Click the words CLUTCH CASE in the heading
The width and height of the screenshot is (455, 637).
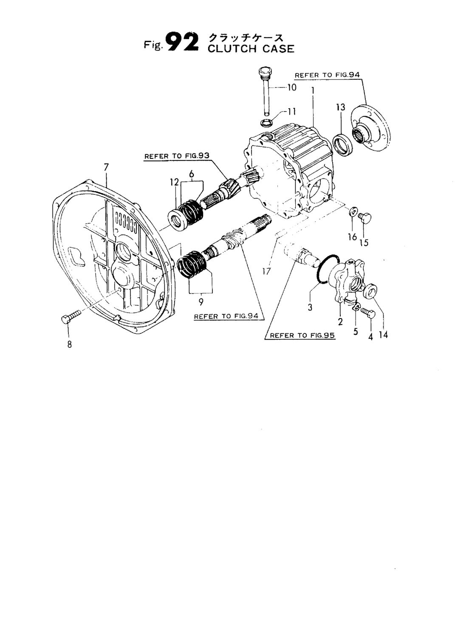pyautogui.click(x=251, y=48)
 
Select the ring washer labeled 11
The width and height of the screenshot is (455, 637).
pyautogui.click(x=266, y=123)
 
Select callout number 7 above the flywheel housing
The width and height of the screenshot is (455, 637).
pyautogui.click(x=106, y=168)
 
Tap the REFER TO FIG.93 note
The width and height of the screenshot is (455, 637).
pyautogui.click(x=177, y=156)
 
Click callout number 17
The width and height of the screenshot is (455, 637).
pyautogui.click(x=266, y=270)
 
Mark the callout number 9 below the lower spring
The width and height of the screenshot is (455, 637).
pyautogui.click(x=201, y=302)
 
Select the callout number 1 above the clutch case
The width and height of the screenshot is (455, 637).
pyautogui.click(x=313, y=90)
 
